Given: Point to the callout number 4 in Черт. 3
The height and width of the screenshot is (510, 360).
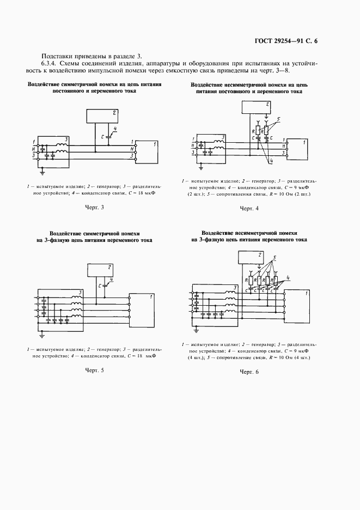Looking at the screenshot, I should pyautogui.click(x=115, y=129).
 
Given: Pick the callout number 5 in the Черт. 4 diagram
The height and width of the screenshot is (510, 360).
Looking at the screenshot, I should pyautogui.click(x=279, y=119).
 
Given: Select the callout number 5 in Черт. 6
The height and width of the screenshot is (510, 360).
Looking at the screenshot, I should pyautogui.click(x=275, y=257).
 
